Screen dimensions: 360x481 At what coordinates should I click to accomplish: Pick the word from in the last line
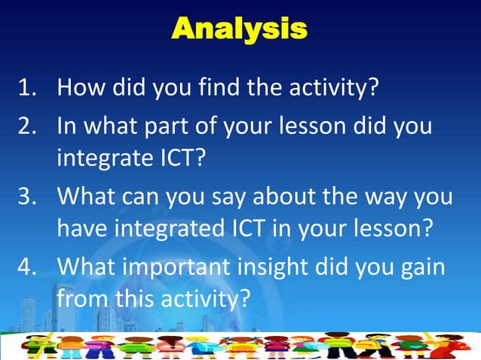pos(82,301)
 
